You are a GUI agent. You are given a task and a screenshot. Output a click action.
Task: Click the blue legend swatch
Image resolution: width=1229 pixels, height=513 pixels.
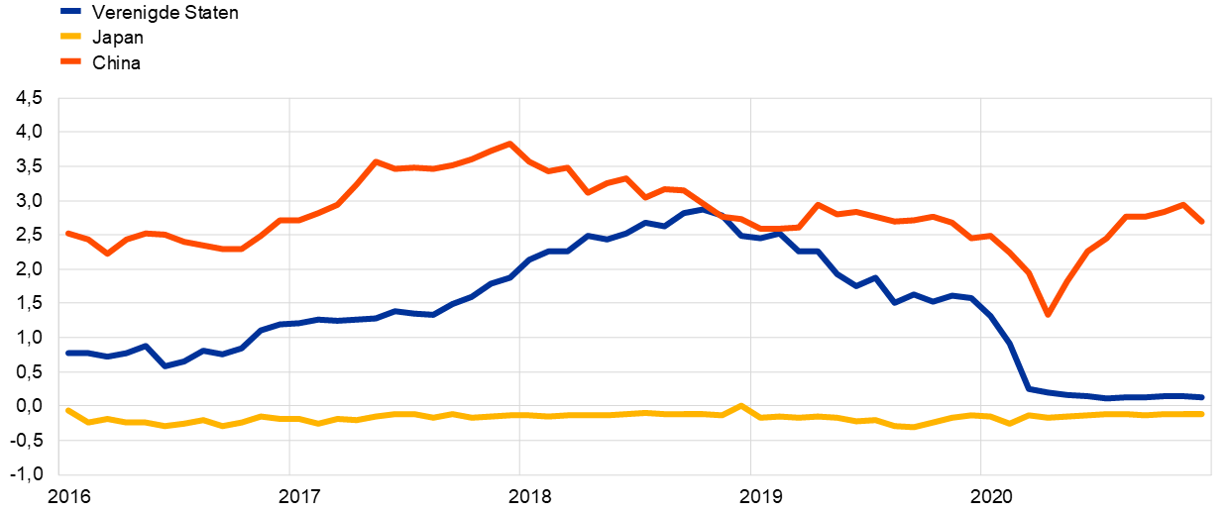pyautogui.click(x=70, y=11)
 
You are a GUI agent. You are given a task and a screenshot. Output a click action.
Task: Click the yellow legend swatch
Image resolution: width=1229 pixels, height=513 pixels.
pyautogui.click(x=70, y=36)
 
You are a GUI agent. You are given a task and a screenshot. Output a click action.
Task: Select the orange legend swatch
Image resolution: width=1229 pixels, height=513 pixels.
pyautogui.click(x=70, y=60)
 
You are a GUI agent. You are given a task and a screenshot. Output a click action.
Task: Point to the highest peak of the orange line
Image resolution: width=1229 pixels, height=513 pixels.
pyautogui.click(x=510, y=144)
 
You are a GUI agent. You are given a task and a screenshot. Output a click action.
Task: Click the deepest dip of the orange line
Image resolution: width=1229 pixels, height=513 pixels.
pyautogui.click(x=1048, y=314)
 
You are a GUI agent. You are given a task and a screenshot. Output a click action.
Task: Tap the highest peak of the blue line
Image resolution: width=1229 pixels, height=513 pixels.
pyautogui.click(x=703, y=209)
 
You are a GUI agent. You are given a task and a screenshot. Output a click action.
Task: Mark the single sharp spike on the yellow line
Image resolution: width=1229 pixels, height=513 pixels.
pyautogui.click(x=740, y=405)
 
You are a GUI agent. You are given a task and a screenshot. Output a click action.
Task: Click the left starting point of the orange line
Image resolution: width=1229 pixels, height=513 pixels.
pyautogui.click(x=67, y=233)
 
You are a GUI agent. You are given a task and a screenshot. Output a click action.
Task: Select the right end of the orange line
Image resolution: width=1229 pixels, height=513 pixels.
pyautogui.click(x=1202, y=222)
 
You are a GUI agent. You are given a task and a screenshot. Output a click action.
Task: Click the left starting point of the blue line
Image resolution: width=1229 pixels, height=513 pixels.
pyautogui.click(x=67, y=353)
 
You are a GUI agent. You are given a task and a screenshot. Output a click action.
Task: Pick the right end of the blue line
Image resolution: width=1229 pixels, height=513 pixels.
pyautogui.click(x=1202, y=397)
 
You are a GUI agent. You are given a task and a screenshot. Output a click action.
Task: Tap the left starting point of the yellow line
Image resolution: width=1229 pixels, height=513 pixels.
pyautogui.click(x=67, y=410)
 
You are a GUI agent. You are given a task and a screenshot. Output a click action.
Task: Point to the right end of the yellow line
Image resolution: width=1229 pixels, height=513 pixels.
pyautogui.click(x=1202, y=414)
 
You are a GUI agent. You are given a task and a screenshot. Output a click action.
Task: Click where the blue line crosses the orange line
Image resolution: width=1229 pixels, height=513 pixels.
pyautogui.click(x=722, y=216)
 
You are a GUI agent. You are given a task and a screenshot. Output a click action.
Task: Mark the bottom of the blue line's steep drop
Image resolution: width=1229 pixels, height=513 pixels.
pyautogui.click(x=1029, y=388)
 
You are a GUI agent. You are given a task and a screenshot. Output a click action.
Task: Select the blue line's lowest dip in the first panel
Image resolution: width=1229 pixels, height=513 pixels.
pyautogui.click(x=165, y=365)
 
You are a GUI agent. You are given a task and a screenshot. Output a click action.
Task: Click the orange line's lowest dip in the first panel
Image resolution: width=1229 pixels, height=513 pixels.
pyautogui.click(x=107, y=254)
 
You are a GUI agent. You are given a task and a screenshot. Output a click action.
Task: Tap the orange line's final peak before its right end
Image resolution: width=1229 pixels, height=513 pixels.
pyautogui.click(x=1182, y=205)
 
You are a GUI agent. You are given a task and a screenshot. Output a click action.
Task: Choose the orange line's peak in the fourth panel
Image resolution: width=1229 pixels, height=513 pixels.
pyautogui.click(x=818, y=204)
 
